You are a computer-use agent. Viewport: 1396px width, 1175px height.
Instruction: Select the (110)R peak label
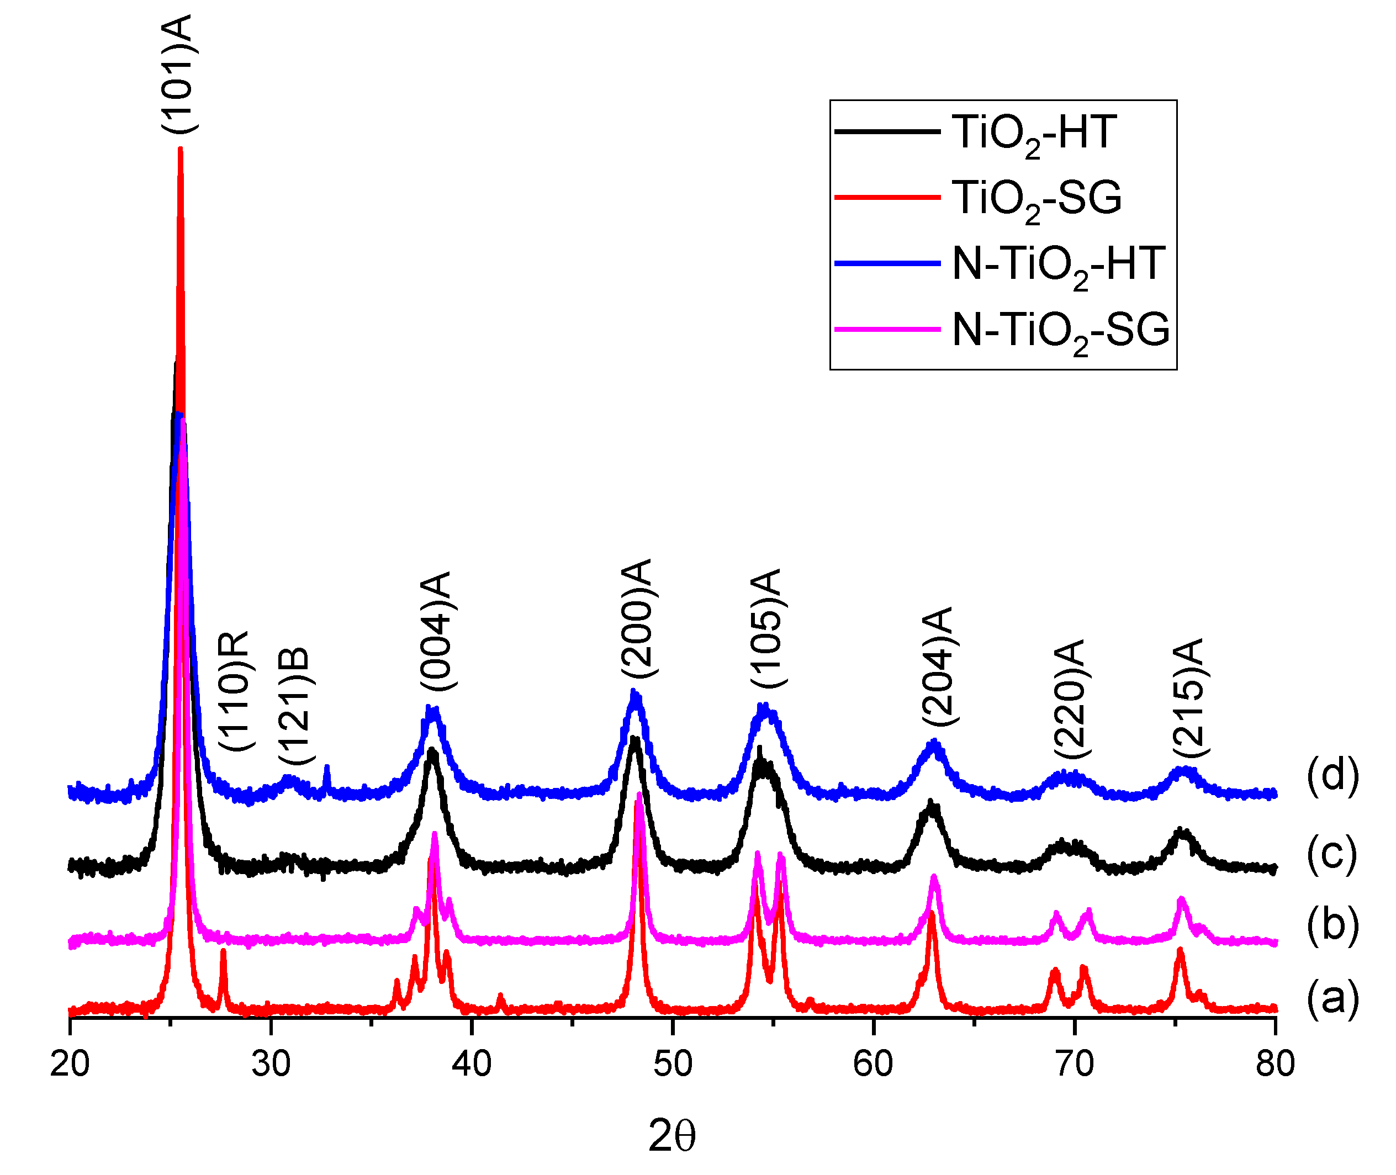pyautogui.click(x=235, y=691)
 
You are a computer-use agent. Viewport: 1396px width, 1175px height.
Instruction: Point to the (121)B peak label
pyautogui.click(x=294, y=707)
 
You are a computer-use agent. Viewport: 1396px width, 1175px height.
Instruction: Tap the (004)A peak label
pyautogui.click(x=436, y=631)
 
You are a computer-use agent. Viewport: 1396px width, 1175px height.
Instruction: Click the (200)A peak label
pyautogui.click(x=636, y=619)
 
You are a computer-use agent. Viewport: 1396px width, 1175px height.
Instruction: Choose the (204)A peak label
pyautogui.click(x=938, y=666)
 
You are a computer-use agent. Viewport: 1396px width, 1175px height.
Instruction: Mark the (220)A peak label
pyautogui.click(x=1070, y=698)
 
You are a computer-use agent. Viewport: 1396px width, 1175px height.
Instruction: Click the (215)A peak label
pyautogui.click(x=1189, y=698)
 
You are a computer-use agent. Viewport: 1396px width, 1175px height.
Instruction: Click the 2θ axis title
pyautogui.click(x=671, y=1136)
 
